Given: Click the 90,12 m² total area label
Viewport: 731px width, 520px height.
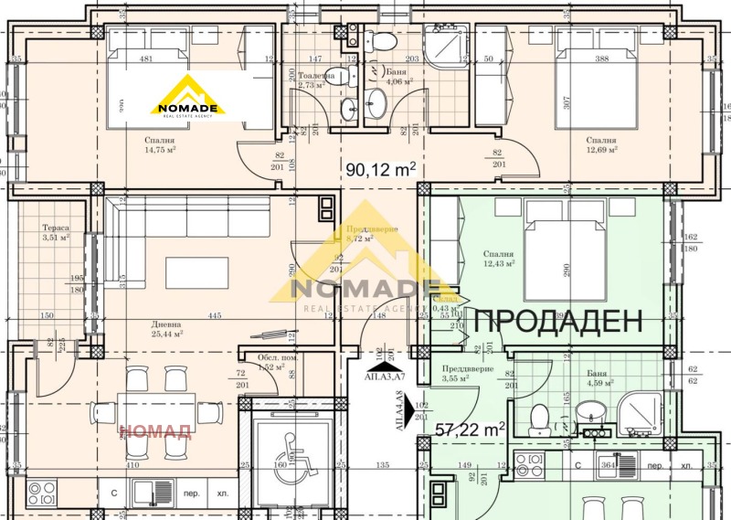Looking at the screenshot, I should [x=381, y=168].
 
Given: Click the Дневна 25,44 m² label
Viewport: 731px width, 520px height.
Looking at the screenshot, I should [x=168, y=329].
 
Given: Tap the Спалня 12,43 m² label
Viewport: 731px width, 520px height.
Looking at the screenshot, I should [x=499, y=259].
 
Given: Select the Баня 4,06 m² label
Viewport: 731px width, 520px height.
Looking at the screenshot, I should [x=399, y=78].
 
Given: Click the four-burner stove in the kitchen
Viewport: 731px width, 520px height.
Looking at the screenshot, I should [x=42, y=494].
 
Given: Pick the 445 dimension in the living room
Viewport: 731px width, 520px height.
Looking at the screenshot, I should [x=214, y=316].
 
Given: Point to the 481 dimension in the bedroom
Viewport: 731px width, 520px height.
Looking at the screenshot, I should [x=144, y=60].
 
